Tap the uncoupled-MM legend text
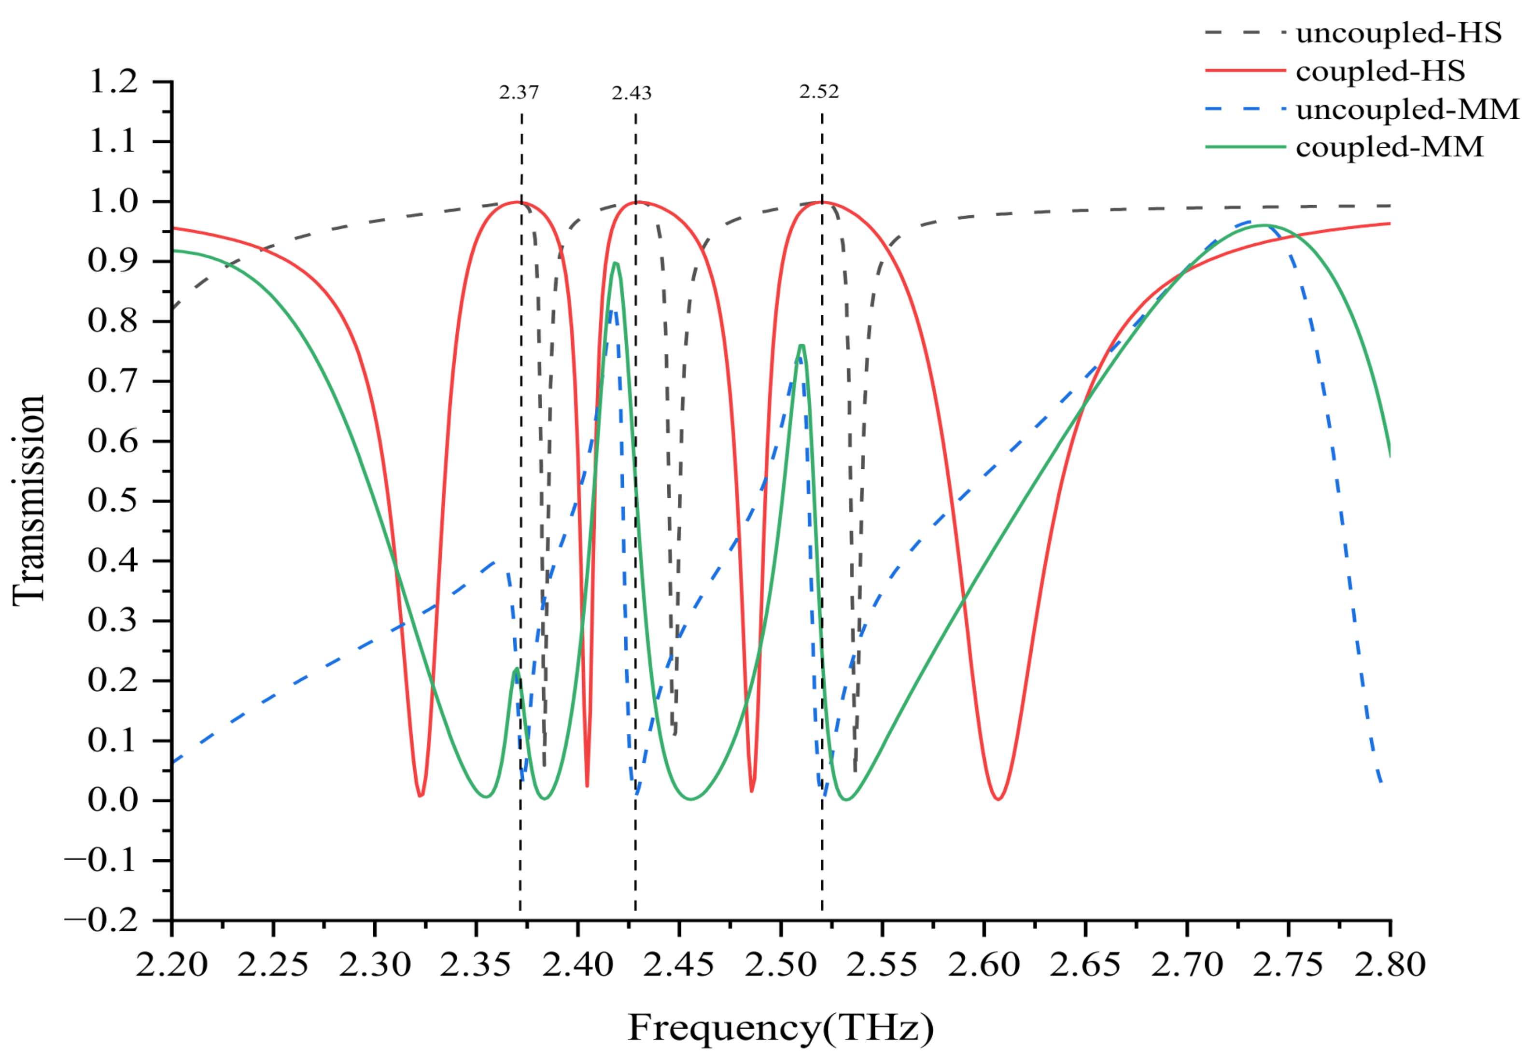pyautogui.click(x=1406, y=109)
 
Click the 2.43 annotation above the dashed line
pyautogui.click(x=632, y=93)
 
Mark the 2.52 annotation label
pyautogui.click(x=819, y=92)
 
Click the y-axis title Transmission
pyautogui.click(x=28, y=500)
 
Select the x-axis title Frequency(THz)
pyautogui.click(x=781, y=1028)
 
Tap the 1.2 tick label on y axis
pyautogui.click(x=112, y=82)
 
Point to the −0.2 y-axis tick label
pyautogui.click(x=101, y=921)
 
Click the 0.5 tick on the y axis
pyautogui.click(x=112, y=501)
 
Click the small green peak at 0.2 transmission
pyautogui.click(x=516, y=670)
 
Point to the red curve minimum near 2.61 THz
pyautogui.click(x=998, y=798)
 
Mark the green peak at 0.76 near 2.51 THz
pyautogui.click(x=802, y=346)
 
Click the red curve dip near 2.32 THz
pyautogui.click(x=420, y=795)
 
